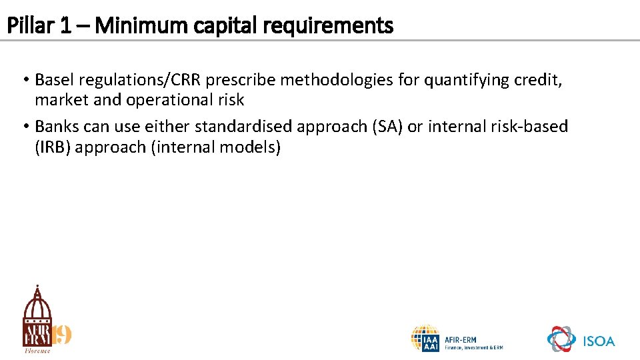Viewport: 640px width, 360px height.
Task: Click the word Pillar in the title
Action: [x=26, y=26]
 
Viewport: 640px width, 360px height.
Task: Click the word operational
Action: [x=165, y=100]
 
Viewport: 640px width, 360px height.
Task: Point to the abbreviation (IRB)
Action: [x=53, y=147]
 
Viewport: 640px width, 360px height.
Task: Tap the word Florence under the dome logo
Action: [x=37, y=351]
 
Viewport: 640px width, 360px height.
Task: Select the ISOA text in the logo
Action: [x=599, y=341]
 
